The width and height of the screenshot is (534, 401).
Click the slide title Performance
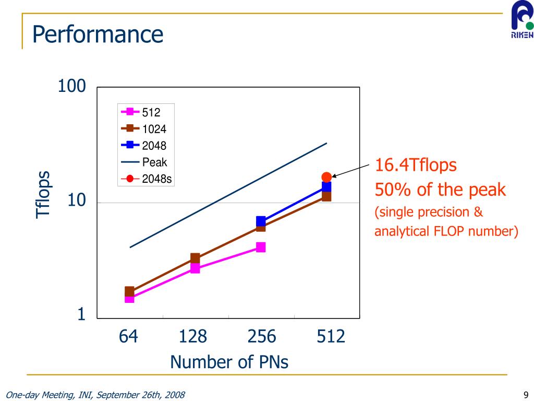(98, 35)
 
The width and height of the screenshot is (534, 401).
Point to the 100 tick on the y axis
(72, 86)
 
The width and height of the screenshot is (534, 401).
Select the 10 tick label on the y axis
(77, 201)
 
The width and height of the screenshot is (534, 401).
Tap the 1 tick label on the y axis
(81, 314)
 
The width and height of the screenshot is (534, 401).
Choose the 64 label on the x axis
(128, 337)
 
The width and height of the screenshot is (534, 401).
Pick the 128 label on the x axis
(193, 337)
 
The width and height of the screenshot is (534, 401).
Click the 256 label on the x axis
(262, 337)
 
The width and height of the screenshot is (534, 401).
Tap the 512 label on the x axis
(331, 337)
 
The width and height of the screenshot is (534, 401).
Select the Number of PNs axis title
(229, 362)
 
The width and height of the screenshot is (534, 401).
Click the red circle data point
(326, 177)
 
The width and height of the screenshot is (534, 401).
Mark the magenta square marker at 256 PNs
(261, 247)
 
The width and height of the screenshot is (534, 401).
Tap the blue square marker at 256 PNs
(261, 221)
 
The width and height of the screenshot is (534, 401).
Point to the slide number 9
(526, 394)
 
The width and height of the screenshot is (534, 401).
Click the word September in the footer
(117, 395)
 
